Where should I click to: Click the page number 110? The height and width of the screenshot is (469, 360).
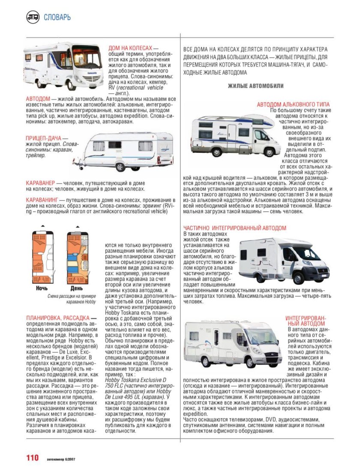coord(33,458)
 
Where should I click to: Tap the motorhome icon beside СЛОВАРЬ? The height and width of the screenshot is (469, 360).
coord(33,17)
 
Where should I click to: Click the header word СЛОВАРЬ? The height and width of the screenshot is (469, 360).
coord(57,18)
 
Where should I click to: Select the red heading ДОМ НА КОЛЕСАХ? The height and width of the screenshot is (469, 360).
coord(131,49)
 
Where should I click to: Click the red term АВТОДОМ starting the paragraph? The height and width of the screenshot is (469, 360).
coord(38,99)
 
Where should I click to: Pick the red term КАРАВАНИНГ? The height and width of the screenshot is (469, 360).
coord(42,200)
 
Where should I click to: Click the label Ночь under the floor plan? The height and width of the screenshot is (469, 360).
coord(42,288)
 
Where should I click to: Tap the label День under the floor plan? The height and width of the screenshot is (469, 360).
coord(77,288)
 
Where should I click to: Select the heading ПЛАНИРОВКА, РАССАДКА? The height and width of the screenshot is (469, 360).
coord(58,318)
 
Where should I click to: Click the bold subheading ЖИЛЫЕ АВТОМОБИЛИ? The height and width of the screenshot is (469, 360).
coord(255,86)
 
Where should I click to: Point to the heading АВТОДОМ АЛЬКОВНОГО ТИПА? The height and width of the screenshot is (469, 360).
coord(293,105)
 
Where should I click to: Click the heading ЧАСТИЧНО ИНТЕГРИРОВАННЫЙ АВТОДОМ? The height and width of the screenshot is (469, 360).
coord(240,228)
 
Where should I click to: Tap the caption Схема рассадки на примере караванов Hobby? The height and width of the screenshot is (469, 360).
coord(72,299)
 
